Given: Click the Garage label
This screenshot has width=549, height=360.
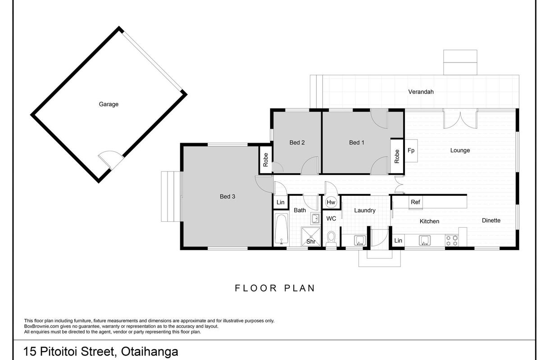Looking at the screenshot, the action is (x=109, y=104).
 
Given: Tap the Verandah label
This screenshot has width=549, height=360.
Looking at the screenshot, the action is (x=421, y=92).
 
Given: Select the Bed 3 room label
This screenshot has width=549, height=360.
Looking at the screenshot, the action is (x=227, y=196).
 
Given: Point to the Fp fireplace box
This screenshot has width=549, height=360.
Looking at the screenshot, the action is (x=411, y=151).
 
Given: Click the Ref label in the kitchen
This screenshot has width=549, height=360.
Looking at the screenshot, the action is (x=415, y=202).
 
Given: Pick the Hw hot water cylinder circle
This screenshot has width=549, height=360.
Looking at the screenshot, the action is (x=331, y=202).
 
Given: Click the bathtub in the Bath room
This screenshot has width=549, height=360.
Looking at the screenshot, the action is (x=281, y=229).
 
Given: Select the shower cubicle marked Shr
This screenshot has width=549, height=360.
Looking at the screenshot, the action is (x=311, y=237).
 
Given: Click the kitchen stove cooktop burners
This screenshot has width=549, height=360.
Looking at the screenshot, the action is (x=452, y=240).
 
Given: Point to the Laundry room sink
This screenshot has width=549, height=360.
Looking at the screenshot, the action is (x=360, y=240).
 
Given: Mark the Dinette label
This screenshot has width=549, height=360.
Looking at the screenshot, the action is (x=491, y=220).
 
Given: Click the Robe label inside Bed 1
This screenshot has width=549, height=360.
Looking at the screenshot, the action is (x=397, y=157).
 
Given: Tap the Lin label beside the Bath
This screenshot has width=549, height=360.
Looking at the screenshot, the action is (x=281, y=202).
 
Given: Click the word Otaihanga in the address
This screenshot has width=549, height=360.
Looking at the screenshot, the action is (x=150, y=351).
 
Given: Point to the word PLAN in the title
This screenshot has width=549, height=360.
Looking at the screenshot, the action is (x=299, y=288).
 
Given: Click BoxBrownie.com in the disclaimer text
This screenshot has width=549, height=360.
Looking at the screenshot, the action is (x=41, y=326).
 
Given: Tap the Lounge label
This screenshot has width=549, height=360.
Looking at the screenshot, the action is (x=460, y=150).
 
